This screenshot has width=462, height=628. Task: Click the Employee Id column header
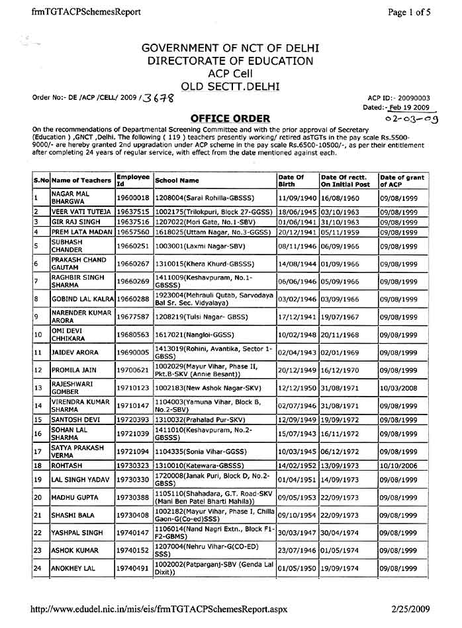point(133,180)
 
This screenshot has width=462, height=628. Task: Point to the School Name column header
point(177,180)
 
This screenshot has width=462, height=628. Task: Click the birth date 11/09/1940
point(297,197)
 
